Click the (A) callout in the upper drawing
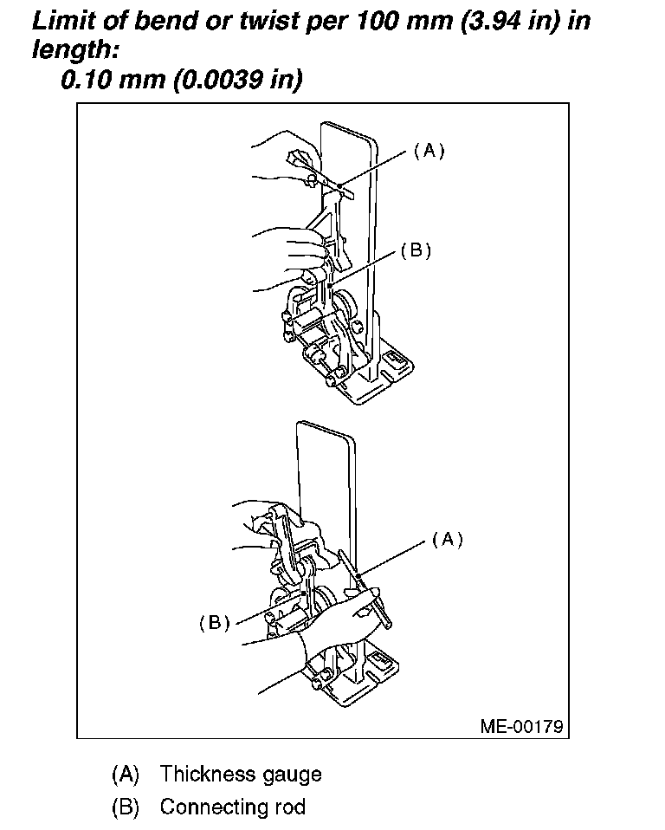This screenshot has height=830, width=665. tap(428, 150)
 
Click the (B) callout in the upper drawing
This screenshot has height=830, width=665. tap(415, 250)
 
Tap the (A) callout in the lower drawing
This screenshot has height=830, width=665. tap(447, 539)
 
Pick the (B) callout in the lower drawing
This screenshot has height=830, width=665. tap(214, 622)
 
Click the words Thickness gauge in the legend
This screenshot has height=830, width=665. tap(241, 774)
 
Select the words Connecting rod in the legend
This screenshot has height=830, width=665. tap(233, 807)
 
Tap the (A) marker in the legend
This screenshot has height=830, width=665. tap(126, 774)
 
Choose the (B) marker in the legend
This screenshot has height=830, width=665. tap(126, 807)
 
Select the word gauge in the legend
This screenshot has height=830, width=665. tap(292, 774)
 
